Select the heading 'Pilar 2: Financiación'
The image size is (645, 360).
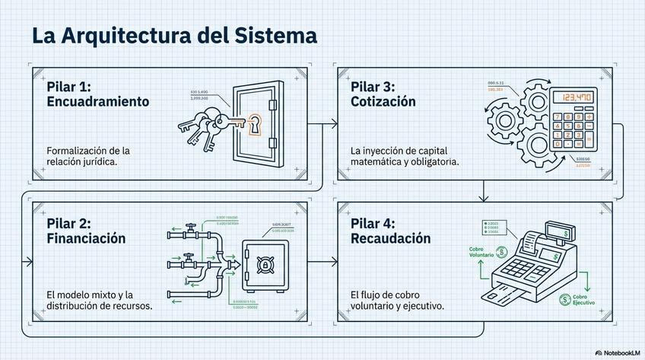(x=86, y=231)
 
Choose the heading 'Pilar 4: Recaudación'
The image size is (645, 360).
(x=391, y=231)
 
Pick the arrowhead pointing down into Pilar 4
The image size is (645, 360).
(x=483, y=198)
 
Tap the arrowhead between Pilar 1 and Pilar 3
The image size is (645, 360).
(x=334, y=122)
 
